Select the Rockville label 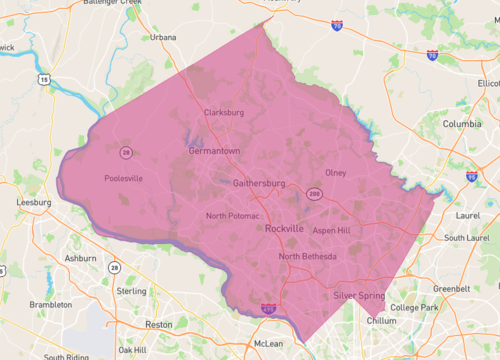tap(285, 229)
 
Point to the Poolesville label tap(124, 179)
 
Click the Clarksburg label tap(223, 112)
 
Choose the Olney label tap(335, 173)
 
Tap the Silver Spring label tap(357, 296)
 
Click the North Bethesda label tap(308, 257)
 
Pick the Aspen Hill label tap(331, 230)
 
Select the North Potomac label tap(233, 216)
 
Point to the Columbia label tap(462, 124)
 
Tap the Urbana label tap(162, 37)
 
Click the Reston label tap(158, 324)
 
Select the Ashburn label tap(80, 257)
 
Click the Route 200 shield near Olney tap(314, 193)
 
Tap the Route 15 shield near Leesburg tap(44, 76)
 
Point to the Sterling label tap(132, 291)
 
